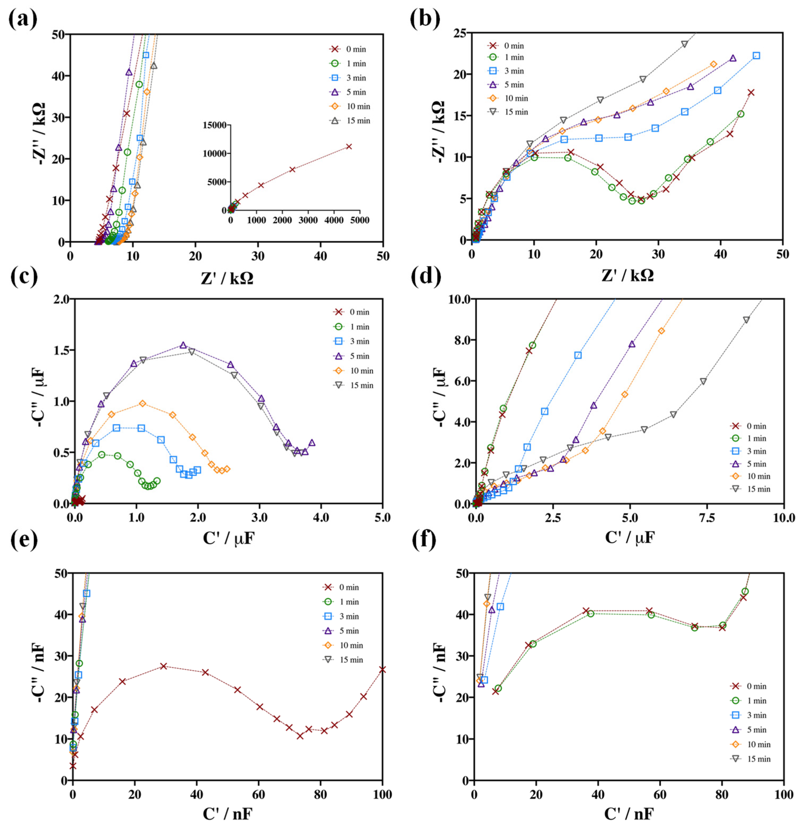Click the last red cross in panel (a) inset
coord(348,146)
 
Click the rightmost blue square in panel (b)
coord(756,56)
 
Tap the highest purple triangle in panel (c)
coord(183,345)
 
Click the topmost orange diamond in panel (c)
coord(143,403)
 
